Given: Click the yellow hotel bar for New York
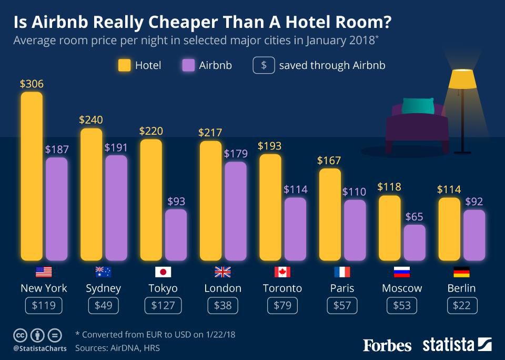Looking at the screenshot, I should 32,176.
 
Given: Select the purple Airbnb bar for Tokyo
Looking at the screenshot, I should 176,235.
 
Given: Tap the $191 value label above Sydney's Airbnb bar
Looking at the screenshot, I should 116,147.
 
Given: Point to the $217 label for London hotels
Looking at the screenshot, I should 210,133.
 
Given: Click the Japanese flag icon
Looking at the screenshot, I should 163,272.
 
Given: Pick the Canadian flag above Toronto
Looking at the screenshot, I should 282,272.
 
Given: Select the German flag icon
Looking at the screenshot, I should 461,272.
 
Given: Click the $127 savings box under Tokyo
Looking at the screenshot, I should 163,306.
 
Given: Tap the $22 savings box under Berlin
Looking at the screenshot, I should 461,306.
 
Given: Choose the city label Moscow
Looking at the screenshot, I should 402,288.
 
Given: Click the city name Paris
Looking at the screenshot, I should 342,288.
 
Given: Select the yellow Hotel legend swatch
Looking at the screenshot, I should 124,65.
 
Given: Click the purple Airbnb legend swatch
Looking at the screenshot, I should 188,65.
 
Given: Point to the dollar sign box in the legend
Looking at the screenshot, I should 264,65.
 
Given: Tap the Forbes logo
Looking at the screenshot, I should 387,345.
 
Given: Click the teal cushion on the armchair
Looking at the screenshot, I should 418,106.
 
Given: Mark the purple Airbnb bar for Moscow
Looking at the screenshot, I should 415,243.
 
